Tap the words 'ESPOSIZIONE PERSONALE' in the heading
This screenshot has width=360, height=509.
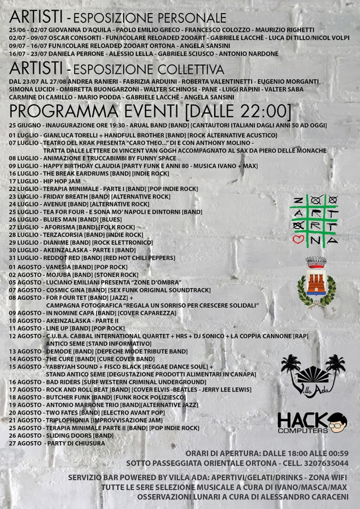150,18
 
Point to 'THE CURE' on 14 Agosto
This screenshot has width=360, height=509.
60,359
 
